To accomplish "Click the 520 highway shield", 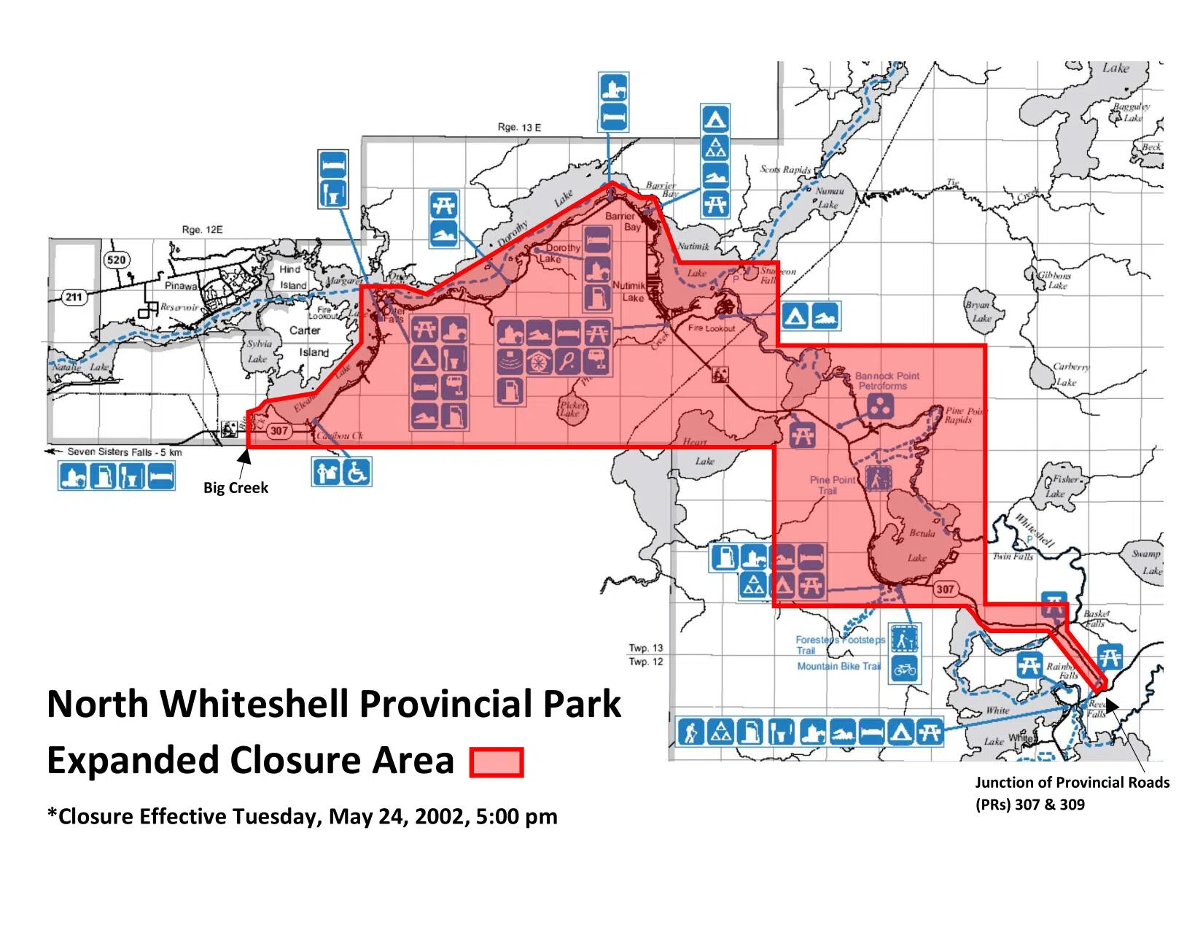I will point(116,260).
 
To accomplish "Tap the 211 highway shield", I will point(74,297).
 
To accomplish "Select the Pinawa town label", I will point(180,286).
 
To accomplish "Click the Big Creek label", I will point(235,488).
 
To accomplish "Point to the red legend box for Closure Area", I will point(497,762).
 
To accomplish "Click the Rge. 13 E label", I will point(519,127).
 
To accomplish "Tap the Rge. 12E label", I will point(202,230).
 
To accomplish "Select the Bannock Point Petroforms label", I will point(887,381).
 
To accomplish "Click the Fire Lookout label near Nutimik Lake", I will point(712,328).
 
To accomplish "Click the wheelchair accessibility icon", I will point(357,472).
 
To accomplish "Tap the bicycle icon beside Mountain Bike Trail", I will point(905,669).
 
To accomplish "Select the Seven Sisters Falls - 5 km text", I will point(125,452).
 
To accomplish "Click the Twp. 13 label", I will point(646,648).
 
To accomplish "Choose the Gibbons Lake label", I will point(1055,280).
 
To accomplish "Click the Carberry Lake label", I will point(1070,373).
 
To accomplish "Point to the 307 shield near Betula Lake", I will point(945,589).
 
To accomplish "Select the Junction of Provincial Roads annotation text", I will point(1072,783).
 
